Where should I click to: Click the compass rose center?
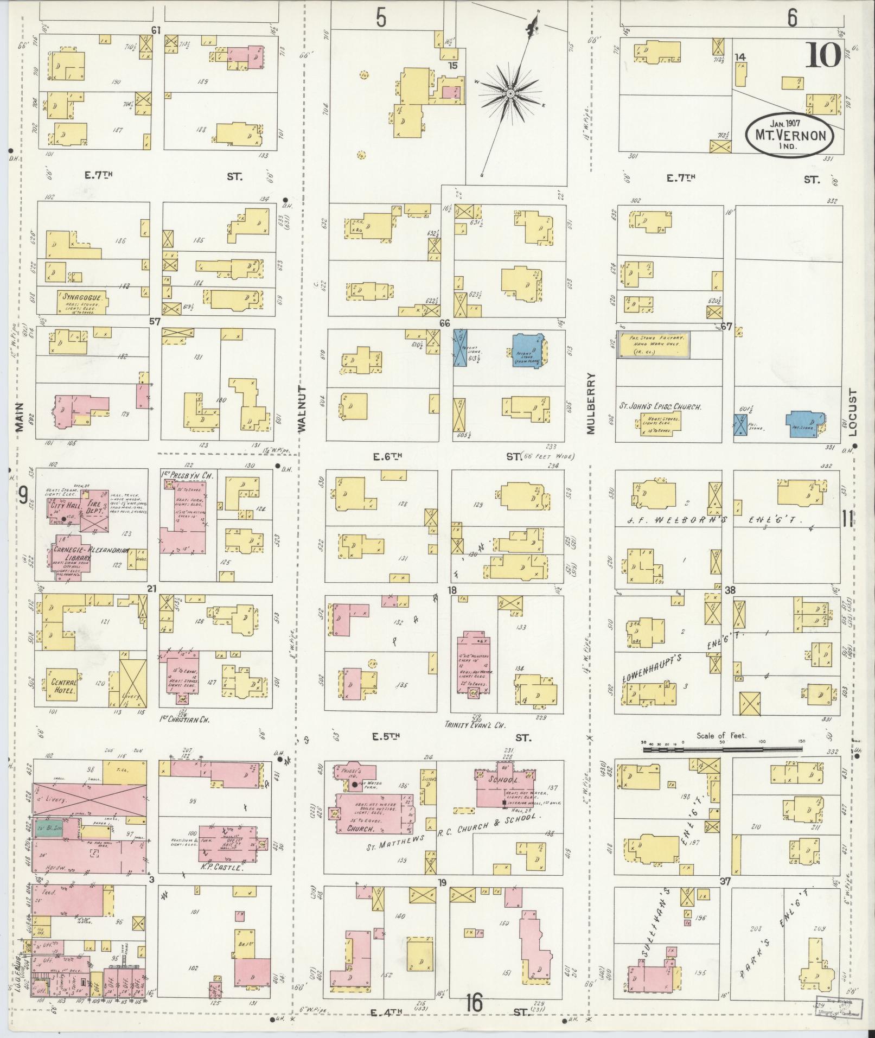[510, 93]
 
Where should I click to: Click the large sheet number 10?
[822, 54]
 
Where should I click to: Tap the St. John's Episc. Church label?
[661, 406]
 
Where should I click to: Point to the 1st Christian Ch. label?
[184, 720]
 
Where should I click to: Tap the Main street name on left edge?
[20, 417]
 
